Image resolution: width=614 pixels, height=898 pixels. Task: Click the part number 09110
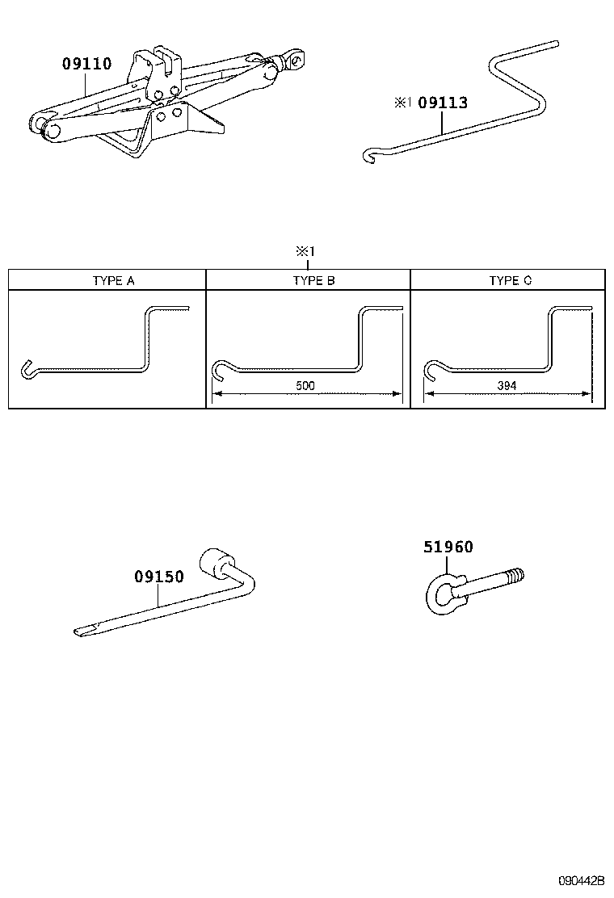87,64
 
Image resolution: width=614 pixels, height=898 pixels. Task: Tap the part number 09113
444,103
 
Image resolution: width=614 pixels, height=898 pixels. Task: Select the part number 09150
159,577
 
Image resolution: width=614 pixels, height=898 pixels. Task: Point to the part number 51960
448,547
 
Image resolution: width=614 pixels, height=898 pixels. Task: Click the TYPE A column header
114,281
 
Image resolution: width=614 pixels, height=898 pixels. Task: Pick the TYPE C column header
511,281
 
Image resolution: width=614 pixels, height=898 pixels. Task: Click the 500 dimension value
305,386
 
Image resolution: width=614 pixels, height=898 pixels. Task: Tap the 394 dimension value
507,386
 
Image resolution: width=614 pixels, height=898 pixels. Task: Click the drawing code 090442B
581,879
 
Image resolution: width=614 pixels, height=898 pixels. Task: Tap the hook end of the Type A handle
25,369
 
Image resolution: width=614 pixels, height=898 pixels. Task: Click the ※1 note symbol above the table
309,252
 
